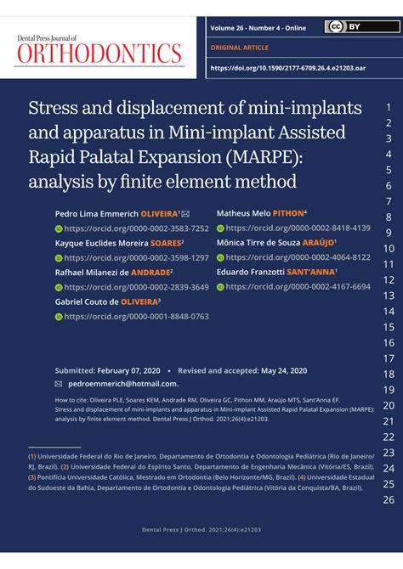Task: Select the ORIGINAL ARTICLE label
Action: [239, 48]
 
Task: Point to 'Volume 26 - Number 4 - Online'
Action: [258, 28]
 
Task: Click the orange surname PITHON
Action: [285, 213]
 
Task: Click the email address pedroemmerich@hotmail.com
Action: [117, 384]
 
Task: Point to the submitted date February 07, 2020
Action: [129, 371]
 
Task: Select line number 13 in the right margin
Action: [389, 296]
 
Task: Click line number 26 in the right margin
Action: [389, 499]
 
